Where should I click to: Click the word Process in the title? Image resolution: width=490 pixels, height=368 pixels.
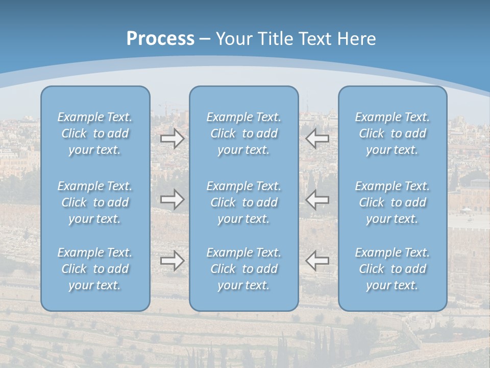point(160,39)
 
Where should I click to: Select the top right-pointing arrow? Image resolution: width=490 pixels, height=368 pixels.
point(173,138)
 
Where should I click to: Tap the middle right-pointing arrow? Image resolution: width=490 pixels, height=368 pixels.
point(173,199)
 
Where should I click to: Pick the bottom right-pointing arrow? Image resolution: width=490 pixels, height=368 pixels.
point(173,261)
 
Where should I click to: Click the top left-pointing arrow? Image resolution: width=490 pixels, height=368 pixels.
point(317,138)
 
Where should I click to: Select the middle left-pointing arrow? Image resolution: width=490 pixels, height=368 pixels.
point(317,199)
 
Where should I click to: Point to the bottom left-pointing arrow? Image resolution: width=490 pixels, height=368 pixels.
point(317,261)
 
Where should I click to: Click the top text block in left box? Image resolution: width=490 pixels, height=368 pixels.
point(95,133)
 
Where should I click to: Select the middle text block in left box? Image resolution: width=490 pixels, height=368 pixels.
point(95,202)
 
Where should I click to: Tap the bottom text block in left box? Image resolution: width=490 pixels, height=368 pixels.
point(95,269)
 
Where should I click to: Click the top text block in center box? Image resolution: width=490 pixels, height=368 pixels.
point(244,133)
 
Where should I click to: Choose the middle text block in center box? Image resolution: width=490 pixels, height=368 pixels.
point(244,202)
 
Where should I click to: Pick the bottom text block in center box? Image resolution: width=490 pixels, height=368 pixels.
point(244,269)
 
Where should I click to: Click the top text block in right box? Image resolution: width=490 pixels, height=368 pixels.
point(393,133)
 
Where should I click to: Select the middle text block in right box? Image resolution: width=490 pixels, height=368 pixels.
point(393,202)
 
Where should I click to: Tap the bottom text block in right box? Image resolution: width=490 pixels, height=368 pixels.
point(393,269)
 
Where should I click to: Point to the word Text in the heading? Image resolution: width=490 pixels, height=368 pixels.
point(314,39)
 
